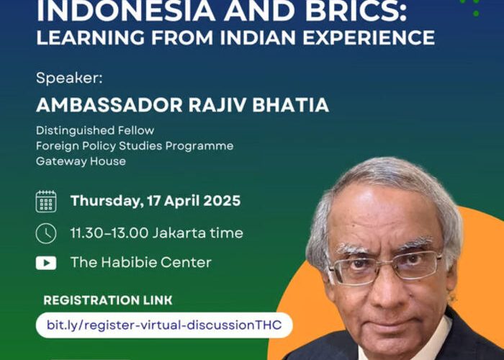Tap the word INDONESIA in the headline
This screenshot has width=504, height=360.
(x=126, y=12)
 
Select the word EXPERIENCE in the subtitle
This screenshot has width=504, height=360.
(x=369, y=37)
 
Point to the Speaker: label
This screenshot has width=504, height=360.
(x=69, y=78)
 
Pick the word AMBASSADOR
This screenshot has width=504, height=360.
(x=109, y=105)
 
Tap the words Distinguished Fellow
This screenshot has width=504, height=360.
(x=95, y=130)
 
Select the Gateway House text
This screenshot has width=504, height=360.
(x=81, y=161)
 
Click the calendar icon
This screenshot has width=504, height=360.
(x=46, y=202)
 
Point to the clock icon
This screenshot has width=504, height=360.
(x=46, y=233)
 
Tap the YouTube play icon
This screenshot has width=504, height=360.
(x=46, y=263)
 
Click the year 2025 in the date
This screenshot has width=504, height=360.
(x=222, y=201)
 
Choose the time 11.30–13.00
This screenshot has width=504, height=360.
(x=109, y=233)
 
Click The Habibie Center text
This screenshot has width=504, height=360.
(x=141, y=262)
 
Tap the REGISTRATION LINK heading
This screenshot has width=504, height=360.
(x=108, y=300)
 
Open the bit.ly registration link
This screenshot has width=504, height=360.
(x=164, y=325)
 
